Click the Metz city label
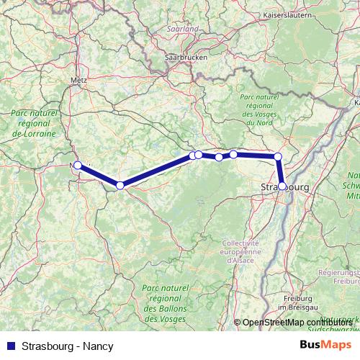click(80, 80)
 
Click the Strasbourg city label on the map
click(283, 187)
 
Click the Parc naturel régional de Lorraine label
click(34, 123)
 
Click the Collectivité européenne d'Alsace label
click(244, 251)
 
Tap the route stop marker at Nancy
click(78, 165)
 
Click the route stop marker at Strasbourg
click(282, 185)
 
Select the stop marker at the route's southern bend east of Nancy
click(120, 185)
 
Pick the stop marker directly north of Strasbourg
click(278, 156)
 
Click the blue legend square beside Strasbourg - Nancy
click(11, 346)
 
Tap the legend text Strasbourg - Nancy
click(68, 346)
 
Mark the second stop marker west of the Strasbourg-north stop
click(219, 157)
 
